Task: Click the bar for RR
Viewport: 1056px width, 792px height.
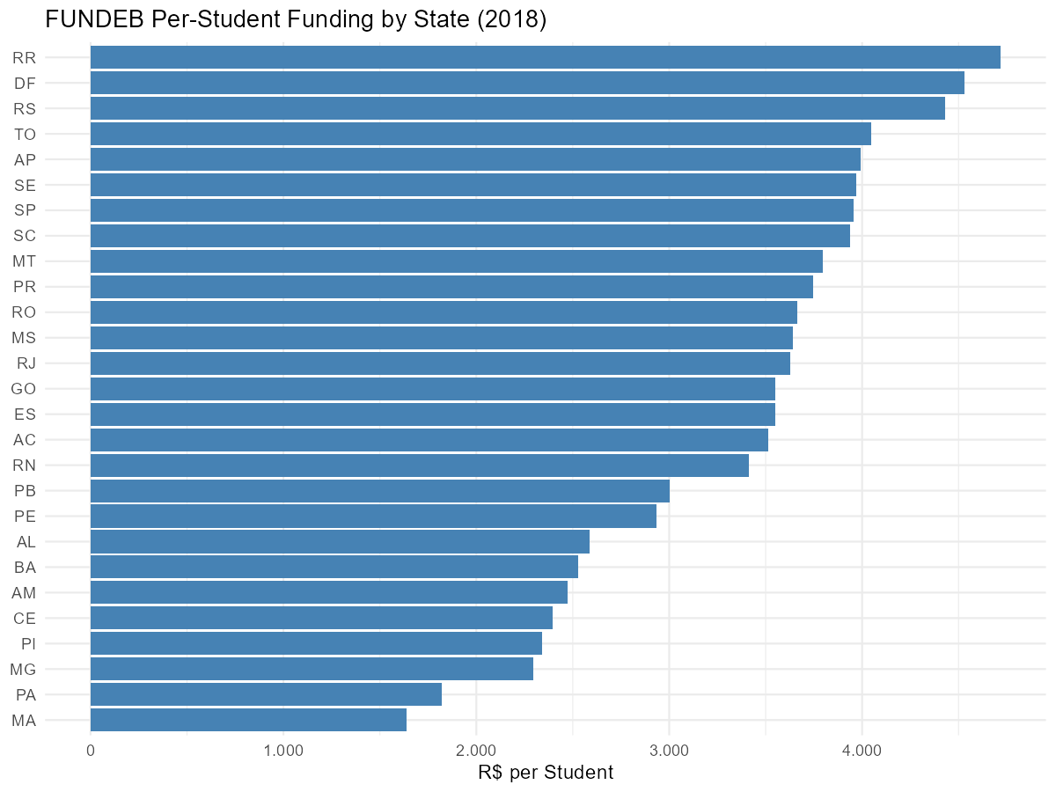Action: coord(545,57)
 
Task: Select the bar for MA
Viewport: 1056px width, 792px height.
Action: coord(248,720)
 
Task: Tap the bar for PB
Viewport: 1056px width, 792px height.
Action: coord(380,490)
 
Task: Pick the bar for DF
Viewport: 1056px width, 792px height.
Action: coord(527,83)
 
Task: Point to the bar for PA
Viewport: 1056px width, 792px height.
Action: coord(266,694)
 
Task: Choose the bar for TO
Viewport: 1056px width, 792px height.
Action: coord(480,134)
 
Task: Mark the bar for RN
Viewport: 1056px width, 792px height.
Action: coord(420,465)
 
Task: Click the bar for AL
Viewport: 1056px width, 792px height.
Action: coord(340,541)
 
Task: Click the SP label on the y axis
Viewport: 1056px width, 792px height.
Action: coord(25,210)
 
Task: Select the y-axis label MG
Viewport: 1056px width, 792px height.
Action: coord(23,669)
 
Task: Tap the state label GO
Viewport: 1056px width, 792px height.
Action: coord(24,389)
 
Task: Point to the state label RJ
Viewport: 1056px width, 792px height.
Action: coord(26,363)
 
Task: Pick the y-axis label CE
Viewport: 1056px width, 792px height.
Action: coord(25,618)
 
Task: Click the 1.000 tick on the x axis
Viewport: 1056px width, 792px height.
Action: coord(283,751)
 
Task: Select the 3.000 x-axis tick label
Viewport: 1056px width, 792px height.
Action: coord(669,751)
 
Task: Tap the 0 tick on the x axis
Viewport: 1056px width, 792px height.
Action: coord(91,751)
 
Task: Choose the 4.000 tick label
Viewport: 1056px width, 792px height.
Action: coord(862,751)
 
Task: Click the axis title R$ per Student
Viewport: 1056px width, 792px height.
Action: coord(546,773)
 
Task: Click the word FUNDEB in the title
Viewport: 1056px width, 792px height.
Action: coord(95,19)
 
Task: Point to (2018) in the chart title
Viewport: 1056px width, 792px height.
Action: coord(512,19)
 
